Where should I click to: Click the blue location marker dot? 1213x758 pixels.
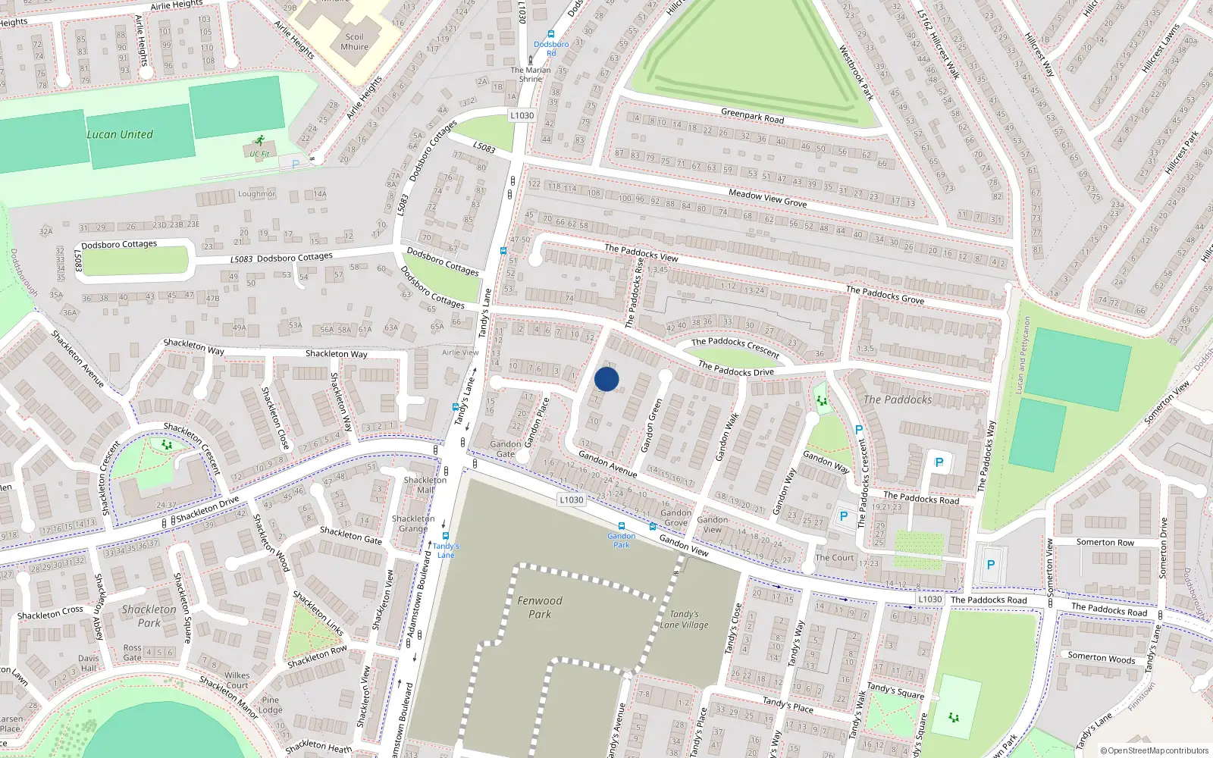[x=606, y=379]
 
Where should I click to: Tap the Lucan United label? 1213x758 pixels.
[x=120, y=135]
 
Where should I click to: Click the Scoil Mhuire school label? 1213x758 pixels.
[x=354, y=42]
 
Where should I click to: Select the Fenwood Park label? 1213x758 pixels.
[x=540, y=607]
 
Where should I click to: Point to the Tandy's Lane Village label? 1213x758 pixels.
[x=684, y=619]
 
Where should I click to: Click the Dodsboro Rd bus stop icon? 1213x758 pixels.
[x=551, y=34]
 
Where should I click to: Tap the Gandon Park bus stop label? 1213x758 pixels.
[x=622, y=540]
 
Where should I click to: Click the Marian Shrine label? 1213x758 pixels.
[x=531, y=74]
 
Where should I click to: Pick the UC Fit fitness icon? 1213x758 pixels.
[x=260, y=141]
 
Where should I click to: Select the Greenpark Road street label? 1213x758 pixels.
[x=752, y=116]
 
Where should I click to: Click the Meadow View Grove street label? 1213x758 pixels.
[x=767, y=199]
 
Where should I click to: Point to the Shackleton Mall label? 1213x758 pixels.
[x=425, y=484]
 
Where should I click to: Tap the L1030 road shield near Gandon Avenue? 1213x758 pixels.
[x=571, y=500]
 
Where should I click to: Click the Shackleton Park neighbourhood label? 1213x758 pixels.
[x=149, y=615]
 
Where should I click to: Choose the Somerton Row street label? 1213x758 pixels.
[x=1105, y=542]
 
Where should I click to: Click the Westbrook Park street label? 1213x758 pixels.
[x=856, y=73]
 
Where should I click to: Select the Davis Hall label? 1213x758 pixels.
[x=89, y=663]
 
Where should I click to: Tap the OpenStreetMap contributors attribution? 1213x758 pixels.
[x=1154, y=750]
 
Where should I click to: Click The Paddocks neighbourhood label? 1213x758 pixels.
[x=898, y=399]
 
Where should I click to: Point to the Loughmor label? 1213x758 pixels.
[x=257, y=194]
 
